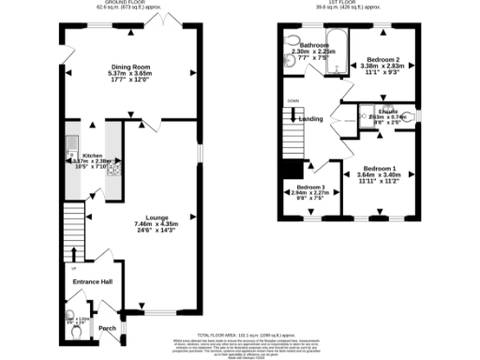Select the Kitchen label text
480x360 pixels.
click(x=92, y=156)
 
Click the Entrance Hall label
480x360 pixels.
click(x=94, y=282)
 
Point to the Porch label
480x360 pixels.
click(x=108, y=328)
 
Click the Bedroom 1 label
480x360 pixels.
click(x=381, y=169)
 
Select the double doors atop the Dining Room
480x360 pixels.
click(x=166, y=18)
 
